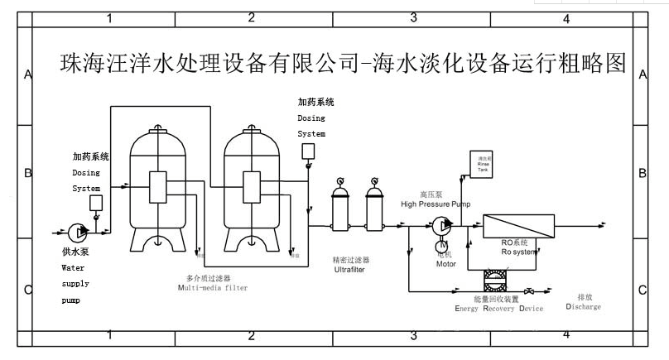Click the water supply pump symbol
coord(75,231)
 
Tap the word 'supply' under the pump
coord(74,284)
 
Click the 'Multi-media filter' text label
coord(212,288)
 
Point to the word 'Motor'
coord(445,265)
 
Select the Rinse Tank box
coord(484,164)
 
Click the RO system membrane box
coord(517,226)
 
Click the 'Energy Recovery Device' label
coord(498,309)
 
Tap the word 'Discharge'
coord(583,307)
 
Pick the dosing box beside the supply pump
coord(96,203)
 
